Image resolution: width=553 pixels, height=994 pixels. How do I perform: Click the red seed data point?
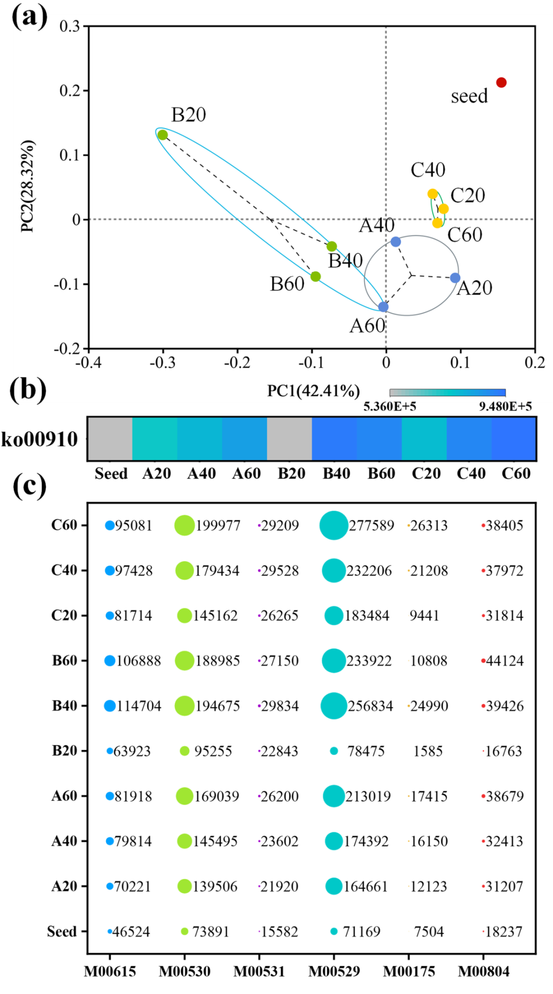pyautogui.click(x=501, y=82)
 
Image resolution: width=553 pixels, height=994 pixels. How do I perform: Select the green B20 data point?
pyautogui.click(x=163, y=135)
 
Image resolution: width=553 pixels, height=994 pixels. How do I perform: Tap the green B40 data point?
pyautogui.click(x=332, y=247)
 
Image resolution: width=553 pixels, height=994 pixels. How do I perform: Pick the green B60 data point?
pyautogui.click(x=315, y=277)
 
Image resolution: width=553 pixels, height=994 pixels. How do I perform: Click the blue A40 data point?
pyautogui.click(x=396, y=241)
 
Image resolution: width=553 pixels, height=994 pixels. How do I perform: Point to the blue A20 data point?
pyautogui.click(x=455, y=278)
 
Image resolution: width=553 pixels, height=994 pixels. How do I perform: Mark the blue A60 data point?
pyautogui.click(x=384, y=307)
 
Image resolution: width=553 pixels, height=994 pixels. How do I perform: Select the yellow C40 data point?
pyautogui.click(x=433, y=194)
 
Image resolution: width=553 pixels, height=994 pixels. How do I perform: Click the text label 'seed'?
pyautogui.click(x=469, y=96)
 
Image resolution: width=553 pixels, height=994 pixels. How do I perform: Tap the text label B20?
pyautogui.click(x=188, y=115)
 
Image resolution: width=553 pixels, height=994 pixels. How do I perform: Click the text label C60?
pyautogui.click(x=465, y=235)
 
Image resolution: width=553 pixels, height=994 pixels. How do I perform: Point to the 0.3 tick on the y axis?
pyautogui.click(x=70, y=26)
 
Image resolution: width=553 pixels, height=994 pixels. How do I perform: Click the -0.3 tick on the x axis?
pyautogui.click(x=162, y=363)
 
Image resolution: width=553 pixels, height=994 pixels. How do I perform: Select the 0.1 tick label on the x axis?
pyautogui.click(x=460, y=363)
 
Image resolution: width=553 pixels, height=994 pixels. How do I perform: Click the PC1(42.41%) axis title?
pyautogui.click(x=313, y=391)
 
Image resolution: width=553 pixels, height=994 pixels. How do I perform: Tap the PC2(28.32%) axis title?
pyautogui.click(x=28, y=186)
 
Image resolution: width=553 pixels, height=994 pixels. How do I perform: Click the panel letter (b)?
pyautogui.click(x=29, y=389)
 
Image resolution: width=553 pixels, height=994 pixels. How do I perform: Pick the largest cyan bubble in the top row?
pyautogui.click(x=334, y=525)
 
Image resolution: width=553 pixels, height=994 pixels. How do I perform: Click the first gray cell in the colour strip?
pyautogui.click(x=110, y=438)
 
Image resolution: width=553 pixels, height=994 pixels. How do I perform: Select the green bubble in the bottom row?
pyautogui.click(x=184, y=931)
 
